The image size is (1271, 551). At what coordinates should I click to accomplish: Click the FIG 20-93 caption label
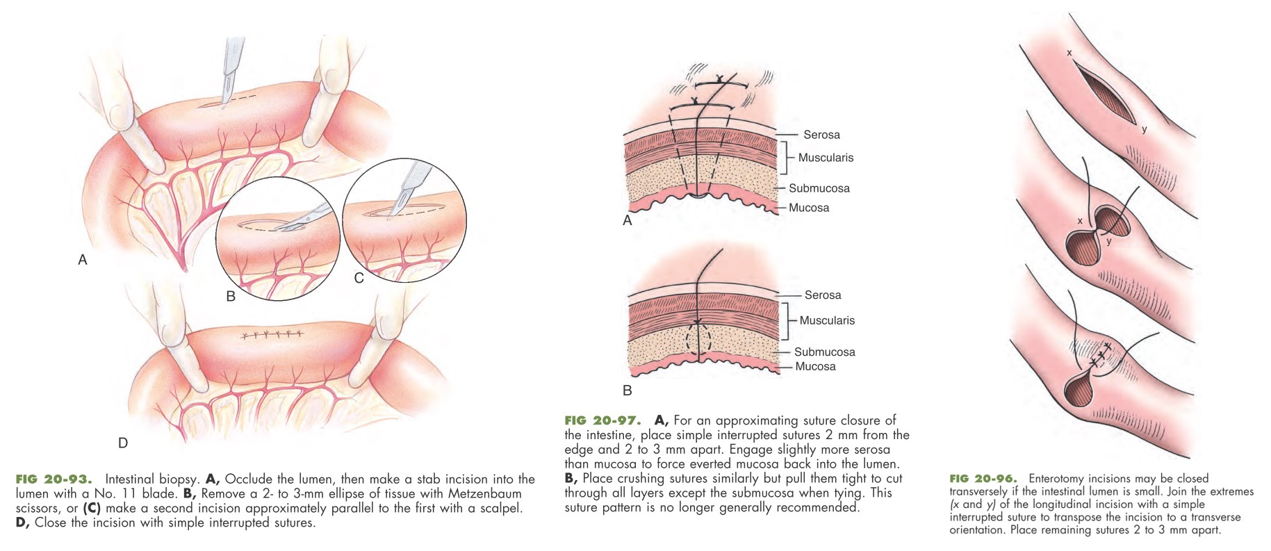[x=54, y=479]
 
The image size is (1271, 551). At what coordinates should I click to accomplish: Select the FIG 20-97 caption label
[x=602, y=420]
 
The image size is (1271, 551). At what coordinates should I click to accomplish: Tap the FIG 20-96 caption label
[x=983, y=478]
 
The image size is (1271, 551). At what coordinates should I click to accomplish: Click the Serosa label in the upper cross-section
[x=821, y=135]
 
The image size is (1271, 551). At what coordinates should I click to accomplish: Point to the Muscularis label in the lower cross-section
[x=827, y=320]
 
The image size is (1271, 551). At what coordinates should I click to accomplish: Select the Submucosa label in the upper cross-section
[x=819, y=188]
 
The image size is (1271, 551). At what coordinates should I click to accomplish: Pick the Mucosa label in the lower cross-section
[x=815, y=366]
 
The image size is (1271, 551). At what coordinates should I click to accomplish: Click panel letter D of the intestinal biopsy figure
[x=123, y=443]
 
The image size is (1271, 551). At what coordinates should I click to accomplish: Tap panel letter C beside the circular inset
[x=359, y=278]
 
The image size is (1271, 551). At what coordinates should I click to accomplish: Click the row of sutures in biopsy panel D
[x=272, y=335]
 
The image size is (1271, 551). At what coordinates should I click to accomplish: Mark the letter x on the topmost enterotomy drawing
[x=1069, y=53]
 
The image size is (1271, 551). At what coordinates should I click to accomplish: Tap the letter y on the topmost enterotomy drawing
[x=1144, y=130]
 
